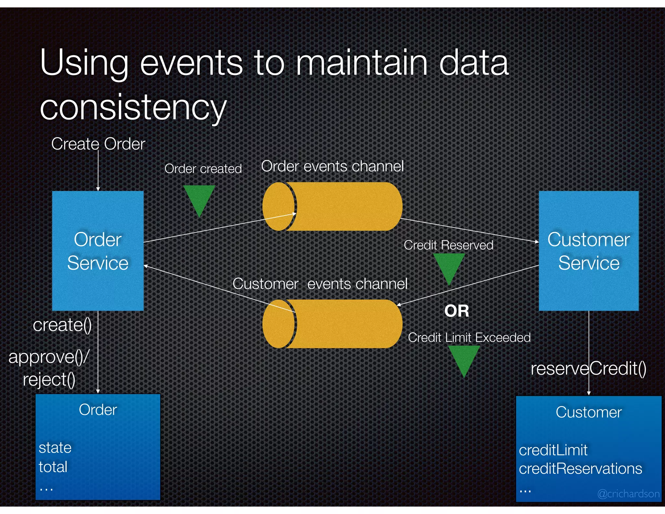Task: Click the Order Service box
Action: click(98, 251)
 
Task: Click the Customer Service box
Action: click(588, 251)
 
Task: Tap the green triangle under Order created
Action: click(199, 198)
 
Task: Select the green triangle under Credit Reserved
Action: click(449, 266)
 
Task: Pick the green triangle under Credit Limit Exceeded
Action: click(464, 358)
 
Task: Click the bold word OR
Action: click(457, 311)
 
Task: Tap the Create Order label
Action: click(98, 144)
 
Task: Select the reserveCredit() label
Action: click(588, 369)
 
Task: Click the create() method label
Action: click(62, 325)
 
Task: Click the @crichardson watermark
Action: click(628, 494)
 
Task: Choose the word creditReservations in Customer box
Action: click(580, 469)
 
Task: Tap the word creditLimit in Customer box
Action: click(553, 450)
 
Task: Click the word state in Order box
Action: click(55, 448)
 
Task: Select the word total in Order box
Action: click(53, 467)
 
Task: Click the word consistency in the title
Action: click(133, 107)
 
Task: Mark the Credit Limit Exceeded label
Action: click(469, 338)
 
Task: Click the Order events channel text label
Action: click(332, 166)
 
